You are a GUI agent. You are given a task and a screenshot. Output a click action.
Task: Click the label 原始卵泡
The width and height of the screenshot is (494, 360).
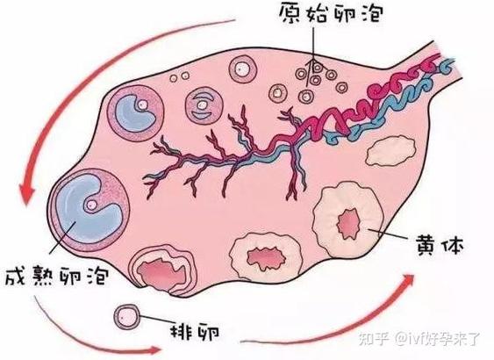tap(331, 12)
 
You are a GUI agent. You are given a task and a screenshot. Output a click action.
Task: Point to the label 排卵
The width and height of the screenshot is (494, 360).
tap(195, 331)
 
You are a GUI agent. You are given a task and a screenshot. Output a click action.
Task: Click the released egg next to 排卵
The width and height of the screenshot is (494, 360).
tap(127, 317)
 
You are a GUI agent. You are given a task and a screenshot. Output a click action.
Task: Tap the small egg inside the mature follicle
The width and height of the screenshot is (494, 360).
tap(91, 205)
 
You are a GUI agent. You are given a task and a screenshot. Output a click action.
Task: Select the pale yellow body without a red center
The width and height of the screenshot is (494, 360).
tap(390, 151)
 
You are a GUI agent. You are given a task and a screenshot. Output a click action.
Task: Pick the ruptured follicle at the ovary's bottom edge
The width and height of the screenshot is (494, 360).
tap(162, 270)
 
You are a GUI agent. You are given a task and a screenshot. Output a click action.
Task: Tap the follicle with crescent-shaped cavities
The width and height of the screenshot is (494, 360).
tap(204, 105)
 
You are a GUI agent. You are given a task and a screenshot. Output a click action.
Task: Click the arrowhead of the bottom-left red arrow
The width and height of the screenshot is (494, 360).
tap(154, 349)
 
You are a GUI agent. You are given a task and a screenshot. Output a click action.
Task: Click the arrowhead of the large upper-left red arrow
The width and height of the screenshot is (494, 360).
tap(28, 193)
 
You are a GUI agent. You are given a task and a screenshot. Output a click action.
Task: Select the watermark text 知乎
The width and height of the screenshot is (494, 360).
tap(374, 339)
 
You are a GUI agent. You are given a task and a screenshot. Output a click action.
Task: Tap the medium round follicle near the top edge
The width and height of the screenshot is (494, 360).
tap(243, 68)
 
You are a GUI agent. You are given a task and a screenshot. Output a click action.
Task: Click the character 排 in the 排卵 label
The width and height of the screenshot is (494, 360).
tap(182, 331)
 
